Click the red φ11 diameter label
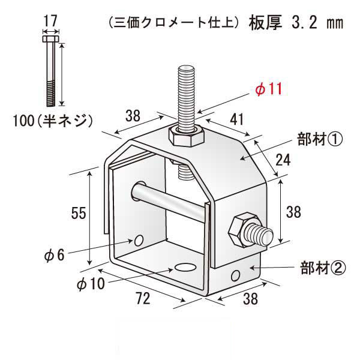(268, 89)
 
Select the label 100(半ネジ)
(53, 121)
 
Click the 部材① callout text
(319, 139)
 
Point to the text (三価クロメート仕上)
(175, 24)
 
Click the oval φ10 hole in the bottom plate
(186, 266)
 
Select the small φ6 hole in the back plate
(139, 241)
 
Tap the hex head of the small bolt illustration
(50, 40)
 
